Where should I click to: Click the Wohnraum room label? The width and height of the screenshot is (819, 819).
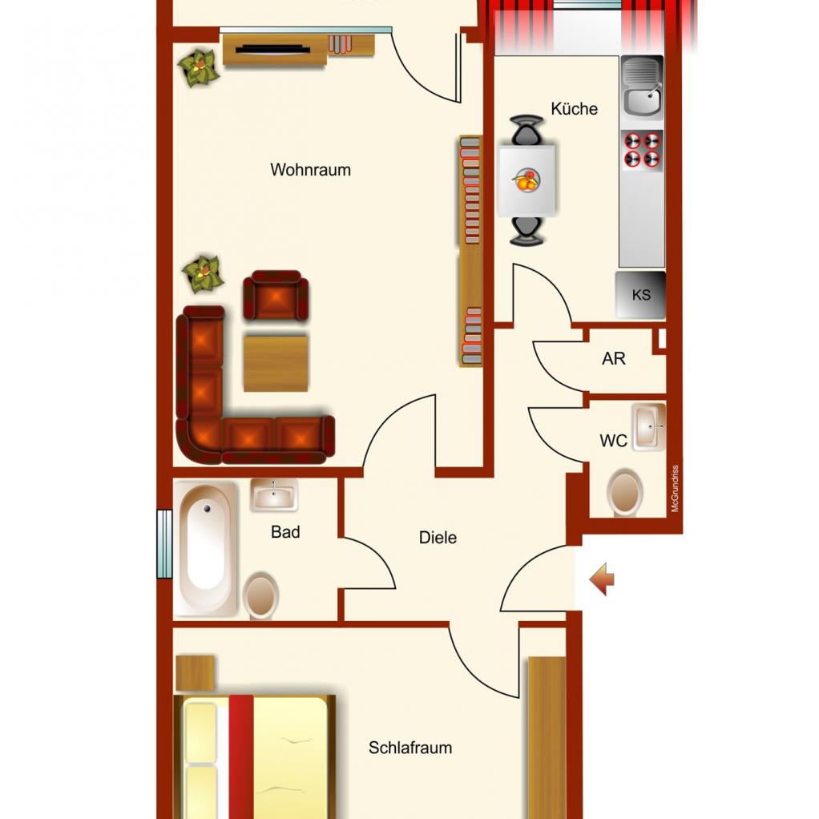pos(310,170)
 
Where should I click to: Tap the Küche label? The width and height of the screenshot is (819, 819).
pos(574,109)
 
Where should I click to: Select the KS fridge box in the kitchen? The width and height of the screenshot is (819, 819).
pos(640,295)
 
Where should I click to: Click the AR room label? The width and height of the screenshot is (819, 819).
pos(613,358)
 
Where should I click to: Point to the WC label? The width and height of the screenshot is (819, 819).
pos(613,441)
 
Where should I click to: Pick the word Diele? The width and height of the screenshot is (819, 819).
pos(438,538)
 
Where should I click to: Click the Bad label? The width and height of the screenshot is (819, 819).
pos(285,532)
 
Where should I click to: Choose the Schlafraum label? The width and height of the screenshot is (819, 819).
pos(410,748)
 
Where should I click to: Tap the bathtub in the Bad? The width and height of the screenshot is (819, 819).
pos(206,548)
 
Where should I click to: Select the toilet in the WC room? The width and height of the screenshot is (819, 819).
pos(625,492)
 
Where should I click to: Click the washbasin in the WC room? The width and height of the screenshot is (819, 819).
pos(649,427)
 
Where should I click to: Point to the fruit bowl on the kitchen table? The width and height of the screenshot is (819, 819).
pos(526,181)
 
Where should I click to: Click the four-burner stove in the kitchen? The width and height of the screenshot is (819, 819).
pos(642,150)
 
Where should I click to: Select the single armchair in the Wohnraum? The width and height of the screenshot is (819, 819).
pos(275,295)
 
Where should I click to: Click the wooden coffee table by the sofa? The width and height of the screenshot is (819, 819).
pos(276,363)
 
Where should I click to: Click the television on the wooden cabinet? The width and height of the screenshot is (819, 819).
pos(272,50)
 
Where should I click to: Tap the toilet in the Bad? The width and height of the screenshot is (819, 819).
pos(260,596)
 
